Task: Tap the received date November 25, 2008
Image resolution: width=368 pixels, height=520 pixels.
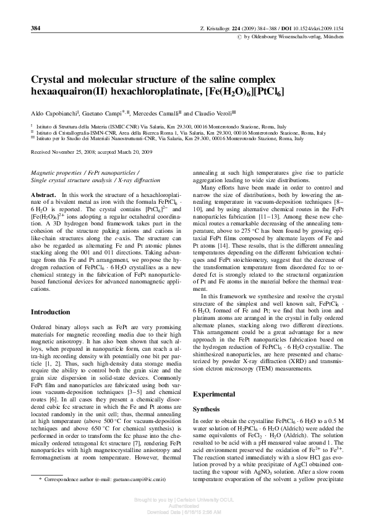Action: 73,151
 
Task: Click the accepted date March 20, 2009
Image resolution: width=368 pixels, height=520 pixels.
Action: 134,151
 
